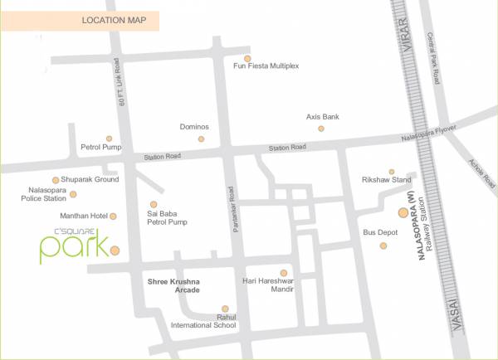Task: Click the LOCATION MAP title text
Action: point(120,20)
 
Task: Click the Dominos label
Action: point(194,127)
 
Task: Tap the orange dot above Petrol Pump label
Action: point(109,139)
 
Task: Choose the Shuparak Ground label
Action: point(91,179)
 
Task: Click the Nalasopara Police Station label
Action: point(42,194)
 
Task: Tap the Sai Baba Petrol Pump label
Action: point(168,217)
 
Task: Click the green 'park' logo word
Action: point(73,246)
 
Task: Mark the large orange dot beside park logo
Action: point(115,250)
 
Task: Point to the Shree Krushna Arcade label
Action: point(175,286)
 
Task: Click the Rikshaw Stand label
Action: point(387,180)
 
